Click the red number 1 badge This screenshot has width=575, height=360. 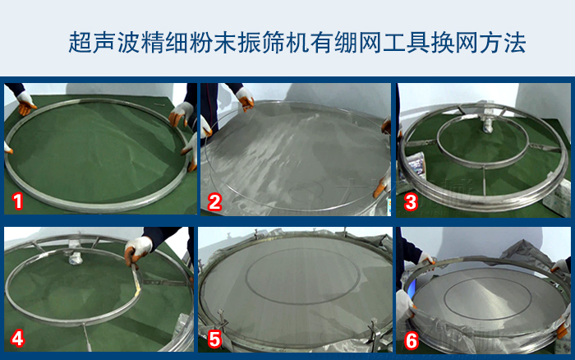(x=17, y=201)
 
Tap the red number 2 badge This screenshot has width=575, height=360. (x=214, y=202)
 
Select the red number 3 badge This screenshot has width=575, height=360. (x=411, y=202)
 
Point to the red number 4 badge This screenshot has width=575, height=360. (x=17, y=339)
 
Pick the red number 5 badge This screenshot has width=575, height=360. (x=214, y=339)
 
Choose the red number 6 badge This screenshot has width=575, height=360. (x=411, y=340)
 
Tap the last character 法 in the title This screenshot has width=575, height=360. (x=515, y=43)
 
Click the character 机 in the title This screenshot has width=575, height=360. (x=297, y=43)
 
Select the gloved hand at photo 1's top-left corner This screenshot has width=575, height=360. (x=25, y=103)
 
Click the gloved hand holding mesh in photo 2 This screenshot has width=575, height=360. (x=245, y=97)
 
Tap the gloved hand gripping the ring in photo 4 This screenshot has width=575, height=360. (x=137, y=250)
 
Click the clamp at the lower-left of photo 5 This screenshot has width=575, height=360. (x=222, y=320)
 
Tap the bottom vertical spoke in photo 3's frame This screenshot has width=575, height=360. (x=485, y=181)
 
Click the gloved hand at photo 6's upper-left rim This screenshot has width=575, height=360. (x=425, y=259)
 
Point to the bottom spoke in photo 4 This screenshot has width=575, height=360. (x=87, y=336)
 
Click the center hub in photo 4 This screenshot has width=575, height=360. (x=76, y=256)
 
